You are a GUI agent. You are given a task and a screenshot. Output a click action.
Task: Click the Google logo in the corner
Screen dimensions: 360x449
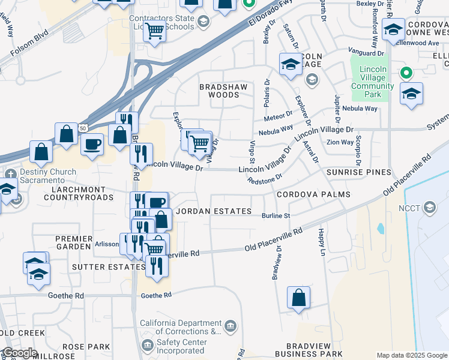19,353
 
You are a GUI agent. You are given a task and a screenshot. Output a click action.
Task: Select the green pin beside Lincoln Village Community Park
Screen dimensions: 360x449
406,73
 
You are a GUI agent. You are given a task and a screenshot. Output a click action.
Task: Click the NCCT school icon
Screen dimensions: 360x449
429,208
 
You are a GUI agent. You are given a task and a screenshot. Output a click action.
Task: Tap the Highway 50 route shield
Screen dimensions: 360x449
83,128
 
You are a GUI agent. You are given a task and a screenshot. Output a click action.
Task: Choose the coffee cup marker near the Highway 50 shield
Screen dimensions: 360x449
92,144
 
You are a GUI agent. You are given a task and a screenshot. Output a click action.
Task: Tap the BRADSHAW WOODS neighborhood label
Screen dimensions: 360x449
223,91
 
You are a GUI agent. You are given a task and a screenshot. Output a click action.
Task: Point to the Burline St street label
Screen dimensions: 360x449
276,216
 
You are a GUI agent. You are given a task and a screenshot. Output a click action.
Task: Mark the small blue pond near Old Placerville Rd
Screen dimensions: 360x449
381,229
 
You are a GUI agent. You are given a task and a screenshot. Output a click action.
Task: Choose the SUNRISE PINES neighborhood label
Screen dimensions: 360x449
358,173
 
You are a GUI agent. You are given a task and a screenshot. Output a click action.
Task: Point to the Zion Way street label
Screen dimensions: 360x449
340,142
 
